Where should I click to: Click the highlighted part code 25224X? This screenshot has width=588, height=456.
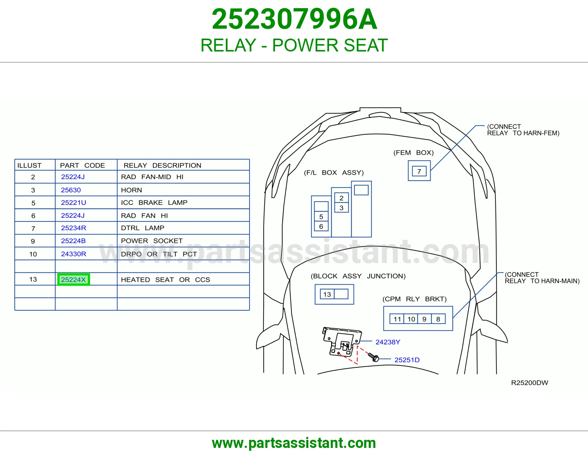pos(73,279)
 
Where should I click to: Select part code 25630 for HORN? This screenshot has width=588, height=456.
pos(71,190)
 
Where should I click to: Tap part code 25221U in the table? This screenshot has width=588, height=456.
pos(73,203)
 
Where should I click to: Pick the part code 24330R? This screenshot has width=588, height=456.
pos(73,254)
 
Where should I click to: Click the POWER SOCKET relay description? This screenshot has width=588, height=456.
pos(152,241)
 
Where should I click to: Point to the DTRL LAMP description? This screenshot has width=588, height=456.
pos(143,228)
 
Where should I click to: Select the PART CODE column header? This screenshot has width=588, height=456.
pos(82,165)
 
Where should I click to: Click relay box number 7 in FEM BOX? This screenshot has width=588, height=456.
pos(419,171)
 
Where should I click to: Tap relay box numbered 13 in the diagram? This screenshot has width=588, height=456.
pos(327,294)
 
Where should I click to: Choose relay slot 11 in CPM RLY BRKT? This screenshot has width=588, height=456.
pos(397,319)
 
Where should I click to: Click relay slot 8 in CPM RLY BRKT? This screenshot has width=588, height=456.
pos(438,319)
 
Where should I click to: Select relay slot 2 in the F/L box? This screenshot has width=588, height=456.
pos(341,198)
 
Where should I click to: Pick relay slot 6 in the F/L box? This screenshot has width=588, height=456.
pos(321,227)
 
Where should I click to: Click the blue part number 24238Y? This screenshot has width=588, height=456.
pos(388,342)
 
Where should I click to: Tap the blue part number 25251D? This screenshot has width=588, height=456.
pos(407,360)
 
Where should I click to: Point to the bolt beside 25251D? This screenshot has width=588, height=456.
pos(374,357)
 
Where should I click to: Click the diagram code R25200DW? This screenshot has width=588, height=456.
pos(530,382)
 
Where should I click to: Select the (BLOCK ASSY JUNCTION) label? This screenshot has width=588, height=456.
pos(358,276)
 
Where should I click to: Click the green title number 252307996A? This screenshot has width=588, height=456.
pos(294,19)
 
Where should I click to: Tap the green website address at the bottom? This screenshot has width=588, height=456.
pos(294,443)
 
